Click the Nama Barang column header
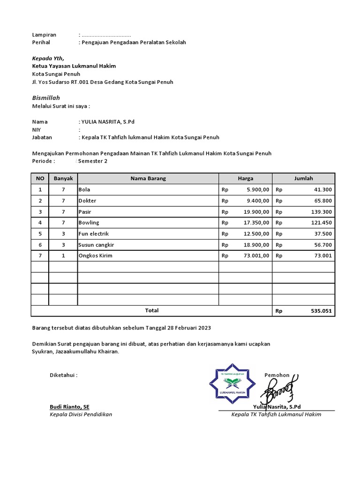click(148, 179)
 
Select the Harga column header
click(245, 179)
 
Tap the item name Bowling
click(89, 223)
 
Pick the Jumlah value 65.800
click(323, 201)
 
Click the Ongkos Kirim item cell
click(95, 255)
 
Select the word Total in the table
click(151, 310)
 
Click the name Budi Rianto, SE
click(69, 406)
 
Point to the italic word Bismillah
click(45, 97)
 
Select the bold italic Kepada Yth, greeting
click(48, 59)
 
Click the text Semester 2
click(93, 161)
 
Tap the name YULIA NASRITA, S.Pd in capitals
click(108, 122)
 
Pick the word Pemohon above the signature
click(277, 375)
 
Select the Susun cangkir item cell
click(96, 245)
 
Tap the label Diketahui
click(63, 375)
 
